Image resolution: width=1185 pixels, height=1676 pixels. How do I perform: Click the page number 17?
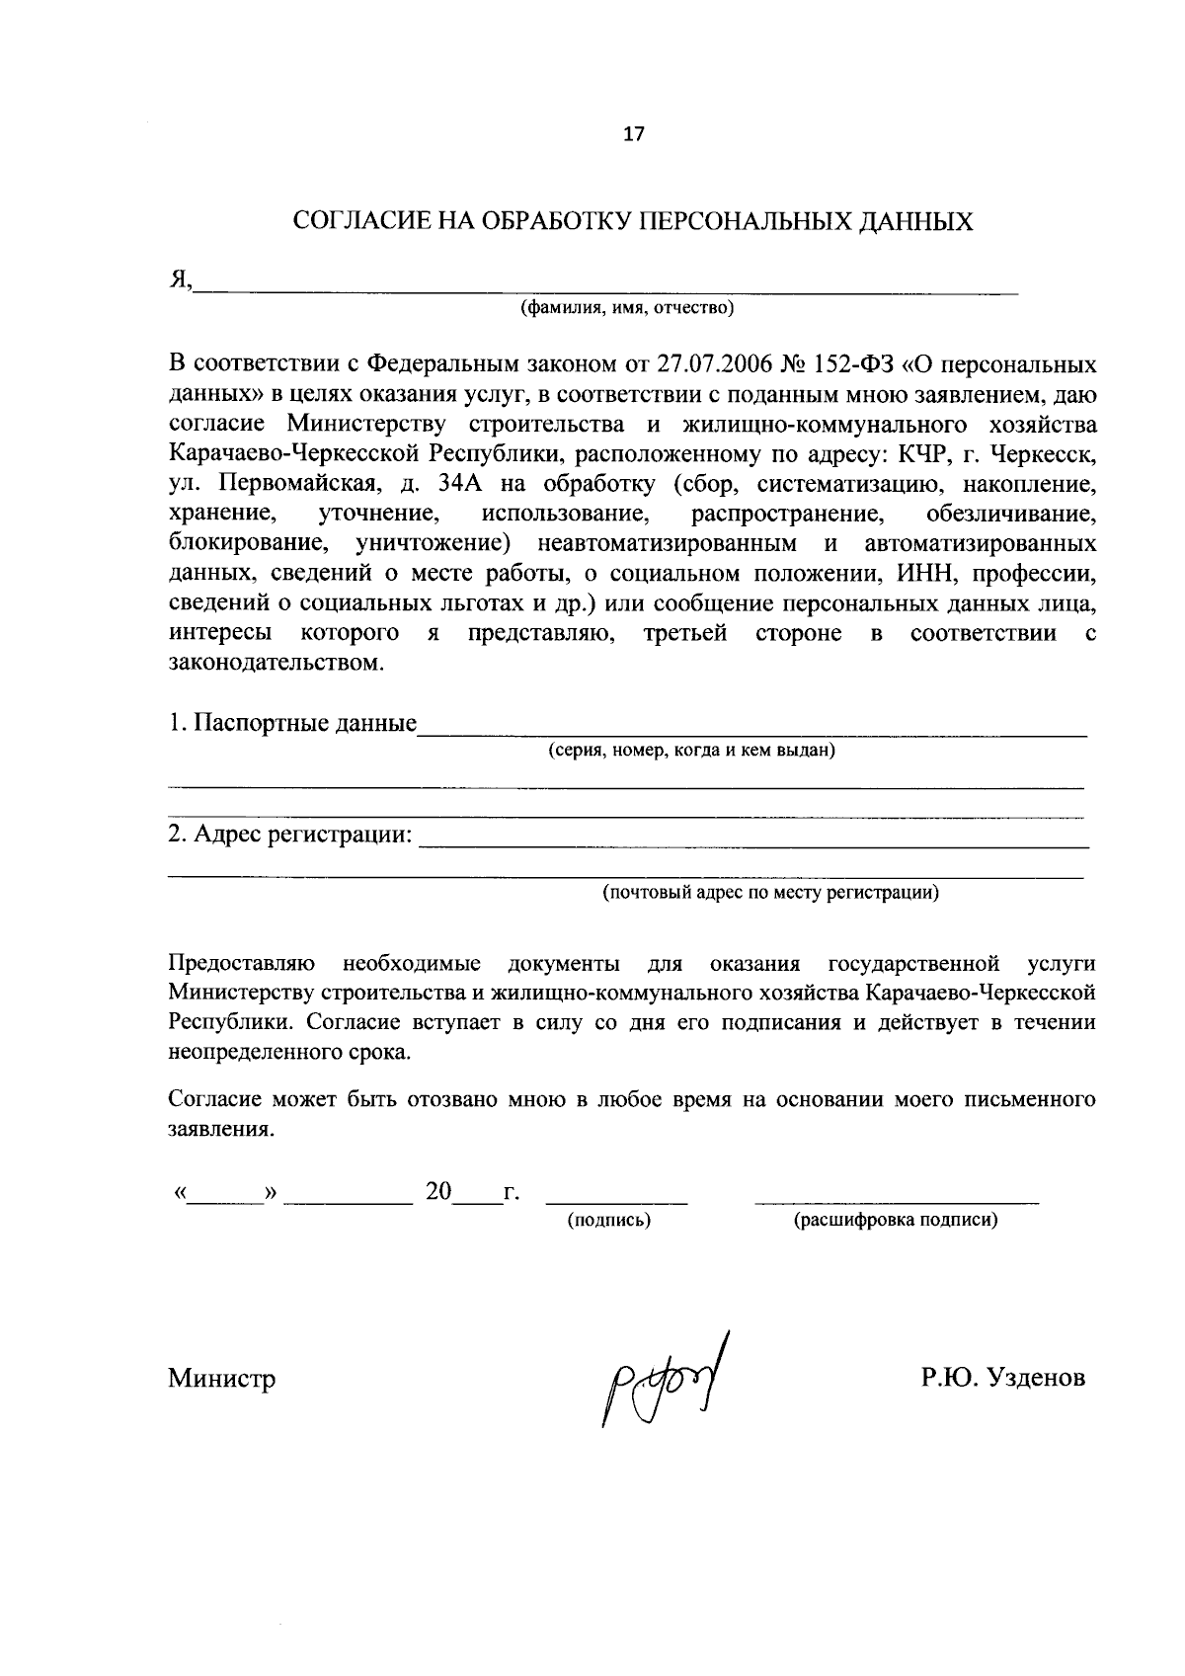coord(633,134)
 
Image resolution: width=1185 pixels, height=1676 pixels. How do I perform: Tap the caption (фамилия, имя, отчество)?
coord(628,309)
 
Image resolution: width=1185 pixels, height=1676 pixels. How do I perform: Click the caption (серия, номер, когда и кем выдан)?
coord(692,751)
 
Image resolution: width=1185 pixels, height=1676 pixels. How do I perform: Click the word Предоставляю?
coord(242,963)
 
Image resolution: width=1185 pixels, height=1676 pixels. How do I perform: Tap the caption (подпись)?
coord(608,1221)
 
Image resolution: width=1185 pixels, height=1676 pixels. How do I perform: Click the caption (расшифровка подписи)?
coord(895,1221)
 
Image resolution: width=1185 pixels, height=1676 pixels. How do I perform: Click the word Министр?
coord(221,1379)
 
